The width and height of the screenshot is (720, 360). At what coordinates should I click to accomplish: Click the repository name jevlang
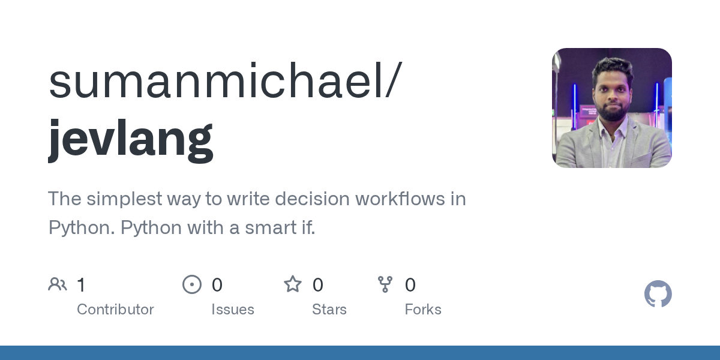tap(131, 141)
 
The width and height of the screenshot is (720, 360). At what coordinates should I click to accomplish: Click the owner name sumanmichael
tap(218, 80)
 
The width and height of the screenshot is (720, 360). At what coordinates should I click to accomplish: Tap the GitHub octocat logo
tap(658, 294)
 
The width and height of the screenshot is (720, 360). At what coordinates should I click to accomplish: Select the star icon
tap(293, 284)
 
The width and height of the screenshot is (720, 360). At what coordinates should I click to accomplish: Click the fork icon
tap(385, 284)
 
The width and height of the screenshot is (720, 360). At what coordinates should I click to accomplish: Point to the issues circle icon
tap(192, 284)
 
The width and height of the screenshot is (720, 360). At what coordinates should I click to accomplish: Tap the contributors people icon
tap(58, 284)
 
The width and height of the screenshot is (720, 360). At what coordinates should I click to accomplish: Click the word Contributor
tap(115, 310)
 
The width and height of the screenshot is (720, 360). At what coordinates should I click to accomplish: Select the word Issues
tap(233, 310)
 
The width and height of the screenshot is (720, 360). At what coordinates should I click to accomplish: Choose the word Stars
tap(329, 310)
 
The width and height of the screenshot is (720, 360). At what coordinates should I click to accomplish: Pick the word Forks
tap(423, 310)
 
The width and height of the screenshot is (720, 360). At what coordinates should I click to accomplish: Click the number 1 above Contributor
tap(81, 285)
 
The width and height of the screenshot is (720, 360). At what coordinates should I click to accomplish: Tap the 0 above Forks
tap(410, 285)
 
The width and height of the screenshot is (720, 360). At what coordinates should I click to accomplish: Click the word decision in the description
tap(312, 199)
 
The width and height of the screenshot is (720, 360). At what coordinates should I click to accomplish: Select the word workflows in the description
tap(400, 199)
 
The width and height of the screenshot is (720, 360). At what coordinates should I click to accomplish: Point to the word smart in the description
tap(271, 228)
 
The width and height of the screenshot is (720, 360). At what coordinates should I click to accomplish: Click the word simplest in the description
tap(124, 199)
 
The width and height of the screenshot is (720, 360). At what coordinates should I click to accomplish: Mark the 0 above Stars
tap(317, 285)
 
